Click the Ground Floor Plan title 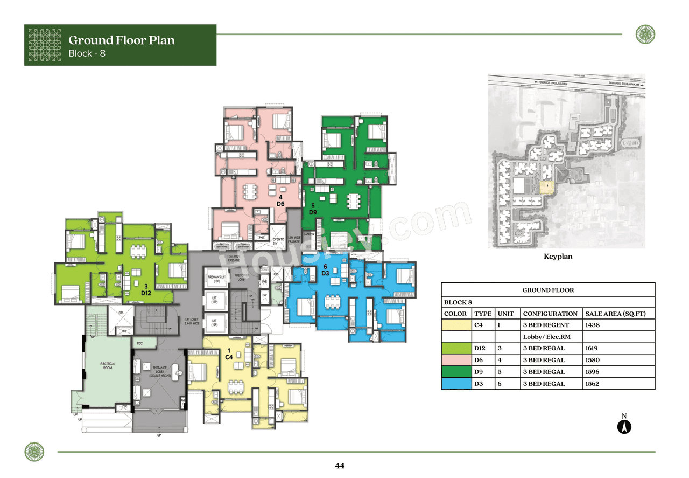tap(121, 40)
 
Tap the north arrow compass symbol tap(624, 427)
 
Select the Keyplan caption tap(558, 257)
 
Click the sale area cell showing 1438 tap(592, 325)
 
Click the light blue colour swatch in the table tap(456, 384)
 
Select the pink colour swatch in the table tap(456, 360)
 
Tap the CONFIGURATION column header tap(550, 314)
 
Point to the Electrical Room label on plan tap(107, 366)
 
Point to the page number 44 tap(339, 466)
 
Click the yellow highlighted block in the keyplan tap(546, 188)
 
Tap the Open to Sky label tap(278, 241)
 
